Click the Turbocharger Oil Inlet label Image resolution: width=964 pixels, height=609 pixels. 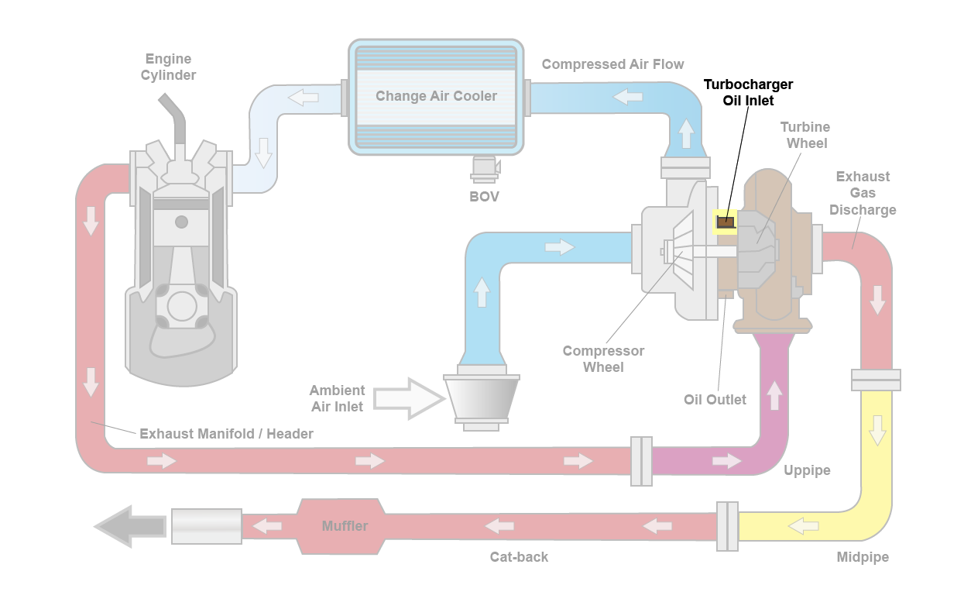tap(748, 92)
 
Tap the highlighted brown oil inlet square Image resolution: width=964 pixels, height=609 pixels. tap(725, 223)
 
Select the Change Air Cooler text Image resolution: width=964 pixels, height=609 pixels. tap(436, 96)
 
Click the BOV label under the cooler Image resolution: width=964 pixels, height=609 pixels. tap(485, 197)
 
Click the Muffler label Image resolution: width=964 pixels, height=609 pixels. tap(345, 526)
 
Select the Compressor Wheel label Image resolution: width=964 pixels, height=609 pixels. tap(603, 359)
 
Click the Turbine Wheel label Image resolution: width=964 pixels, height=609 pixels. tap(806, 135)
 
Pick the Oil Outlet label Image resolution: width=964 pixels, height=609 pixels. tap(715, 400)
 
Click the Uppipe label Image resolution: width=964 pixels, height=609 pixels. tap(807, 470)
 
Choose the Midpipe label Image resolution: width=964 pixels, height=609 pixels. tap(863, 557)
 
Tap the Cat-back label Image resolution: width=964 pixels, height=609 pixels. tap(519, 557)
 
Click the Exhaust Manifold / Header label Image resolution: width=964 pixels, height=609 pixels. tap(226, 434)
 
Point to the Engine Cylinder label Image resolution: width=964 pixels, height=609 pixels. tap(168, 67)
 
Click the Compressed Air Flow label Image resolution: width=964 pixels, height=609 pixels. tap(612, 64)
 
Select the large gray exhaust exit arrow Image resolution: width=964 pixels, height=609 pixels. tap(129, 527)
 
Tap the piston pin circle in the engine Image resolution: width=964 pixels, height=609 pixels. tap(181, 222)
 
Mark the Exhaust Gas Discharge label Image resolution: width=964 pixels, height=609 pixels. tap(863, 193)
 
